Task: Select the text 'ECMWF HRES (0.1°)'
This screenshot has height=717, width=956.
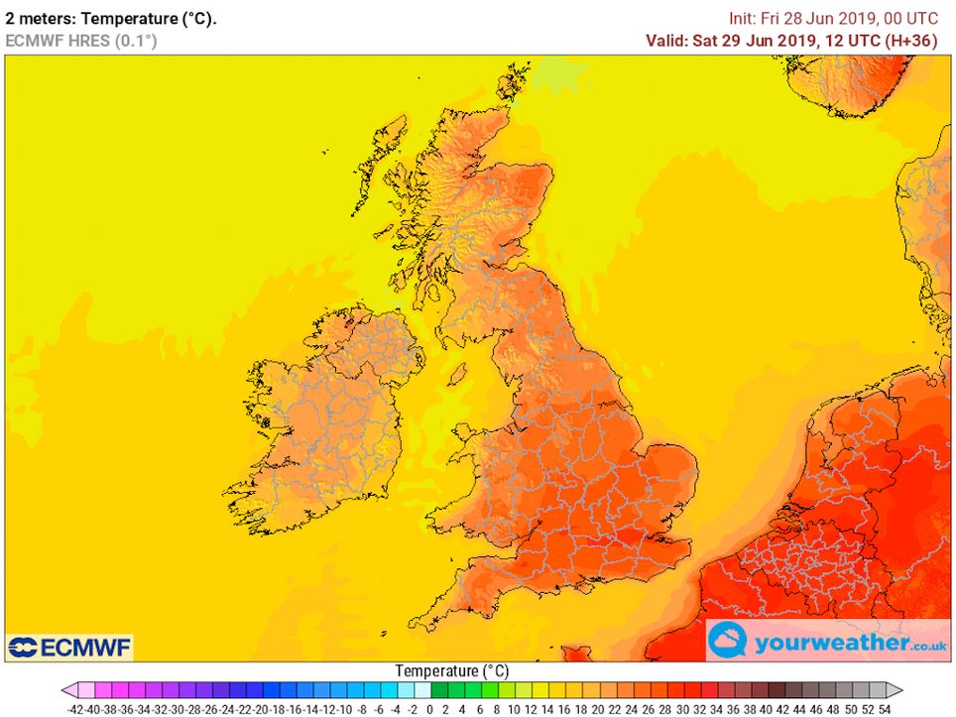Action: pyautogui.click(x=81, y=41)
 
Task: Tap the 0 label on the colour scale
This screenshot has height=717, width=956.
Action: pyautogui.click(x=429, y=709)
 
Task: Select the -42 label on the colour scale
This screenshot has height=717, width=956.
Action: pyautogui.click(x=75, y=709)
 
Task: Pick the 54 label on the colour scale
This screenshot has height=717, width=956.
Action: pyautogui.click(x=885, y=709)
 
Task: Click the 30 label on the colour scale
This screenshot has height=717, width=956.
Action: pyautogui.click(x=682, y=709)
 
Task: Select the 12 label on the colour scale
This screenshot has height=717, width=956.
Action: pyautogui.click(x=531, y=709)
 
